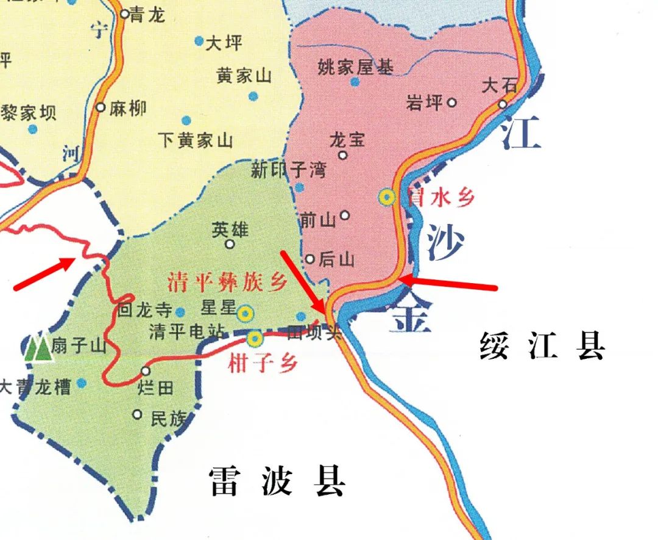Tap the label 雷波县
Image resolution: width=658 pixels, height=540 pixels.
[277, 482]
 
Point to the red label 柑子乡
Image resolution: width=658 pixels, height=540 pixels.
[263, 364]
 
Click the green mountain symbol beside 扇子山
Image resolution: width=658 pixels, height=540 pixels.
[38, 348]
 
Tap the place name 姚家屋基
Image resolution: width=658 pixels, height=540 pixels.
[356, 67]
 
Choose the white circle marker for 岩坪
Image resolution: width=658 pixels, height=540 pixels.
[452, 103]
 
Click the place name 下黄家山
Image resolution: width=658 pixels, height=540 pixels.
[196, 141]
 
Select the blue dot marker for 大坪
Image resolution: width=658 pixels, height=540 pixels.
[199, 41]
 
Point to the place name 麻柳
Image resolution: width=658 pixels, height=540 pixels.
[128, 109]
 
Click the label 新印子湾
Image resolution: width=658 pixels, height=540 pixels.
[288, 170]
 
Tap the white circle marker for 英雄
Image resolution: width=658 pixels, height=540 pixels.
[230, 244]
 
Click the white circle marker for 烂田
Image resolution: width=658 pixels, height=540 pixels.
[146, 371]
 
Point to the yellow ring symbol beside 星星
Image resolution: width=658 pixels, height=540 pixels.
[245, 314]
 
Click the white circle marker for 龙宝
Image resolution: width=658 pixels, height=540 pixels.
[343, 155]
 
